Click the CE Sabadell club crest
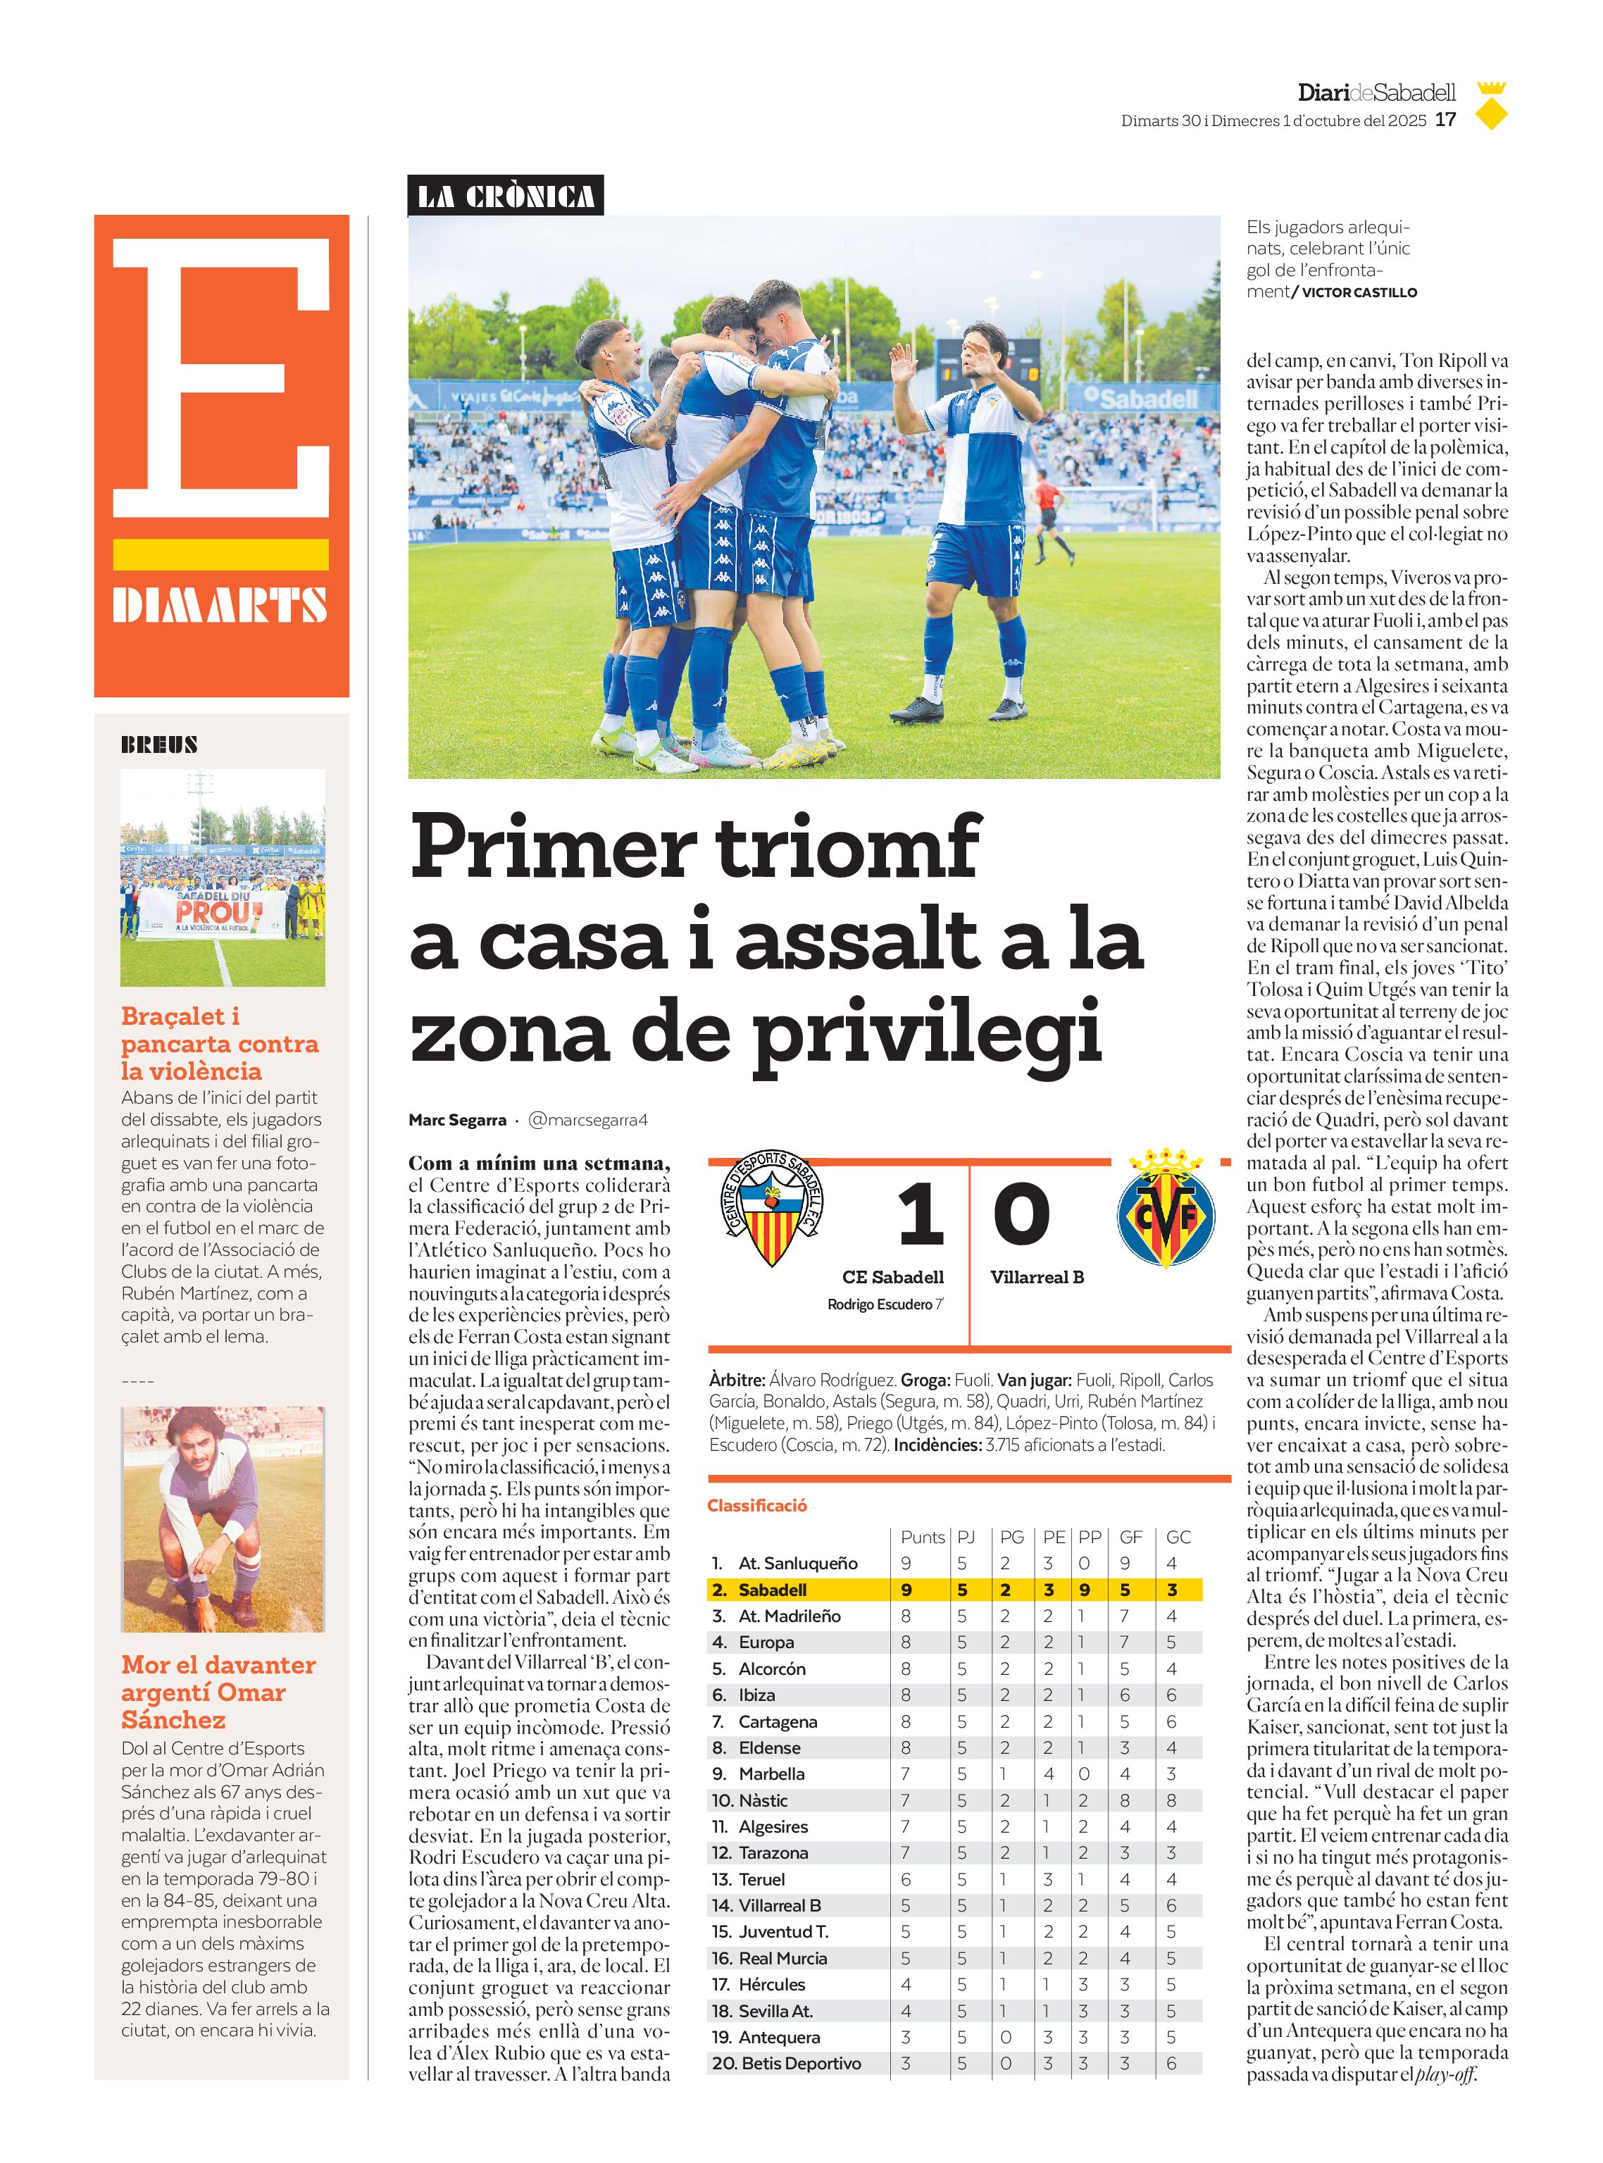point(773,1208)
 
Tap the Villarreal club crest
point(1166,1210)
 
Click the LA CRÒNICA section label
point(506,196)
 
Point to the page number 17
point(1446,120)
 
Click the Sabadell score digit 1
point(919,1215)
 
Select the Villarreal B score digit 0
point(1022,1215)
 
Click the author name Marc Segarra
point(457,1120)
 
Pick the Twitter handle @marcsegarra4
point(587,1120)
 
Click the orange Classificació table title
point(757,1505)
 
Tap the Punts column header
point(922,1537)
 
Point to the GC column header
point(1178,1537)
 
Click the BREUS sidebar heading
point(159,745)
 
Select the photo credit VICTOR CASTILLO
point(1359,292)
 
